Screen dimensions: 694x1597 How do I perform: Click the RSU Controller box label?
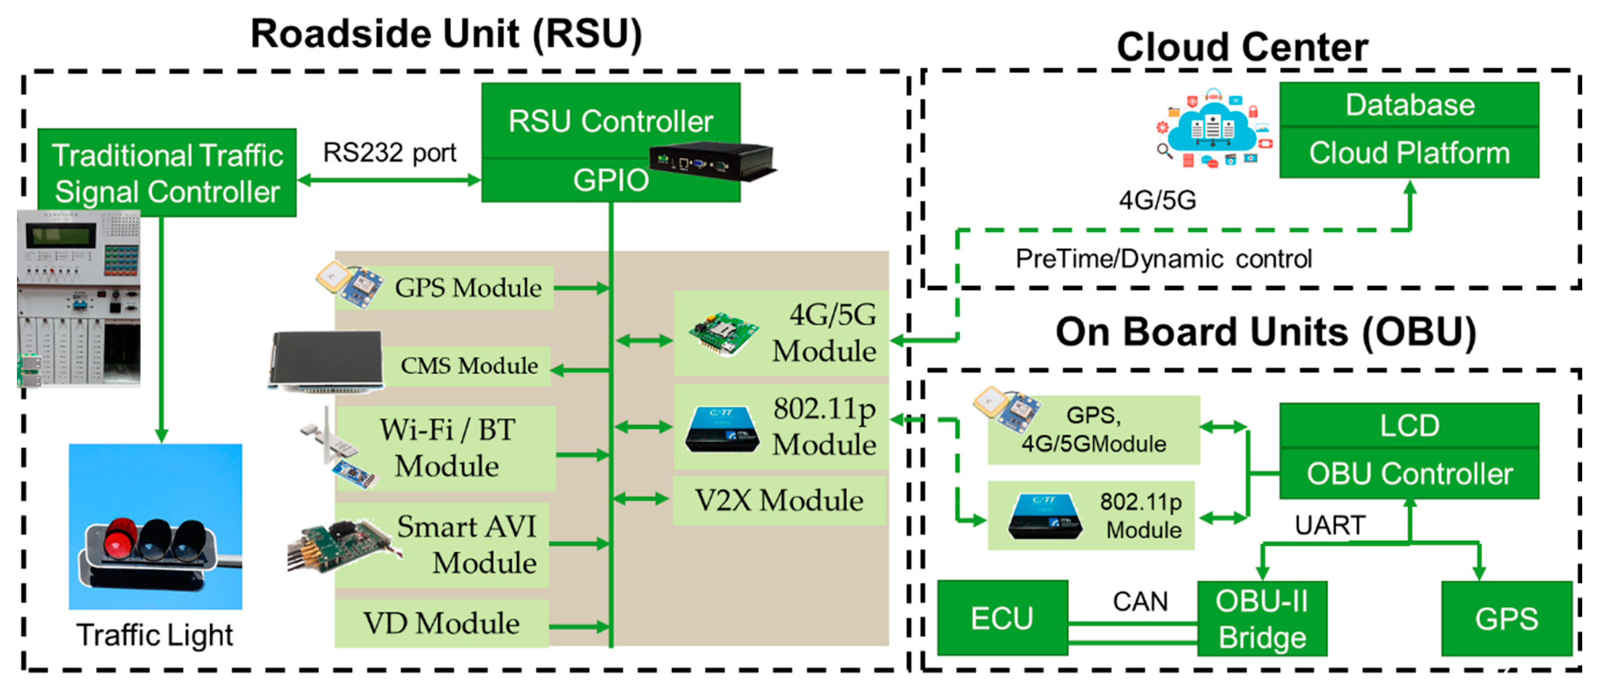pyautogui.click(x=610, y=121)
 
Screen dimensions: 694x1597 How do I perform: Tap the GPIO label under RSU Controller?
pyautogui.click(x=610, y=180)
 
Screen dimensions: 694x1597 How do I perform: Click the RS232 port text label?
pyautogui.click(x=389, y=152)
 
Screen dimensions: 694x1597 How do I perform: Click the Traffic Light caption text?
pyautogui.click(x=155, y=635)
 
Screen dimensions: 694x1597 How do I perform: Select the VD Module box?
pyautogui.click(x=441, y=623)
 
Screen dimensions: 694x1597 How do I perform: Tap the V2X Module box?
pyautogui.click(x=779, y=500)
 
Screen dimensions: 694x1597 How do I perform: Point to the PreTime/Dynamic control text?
pyautogui.click(x=1163, y=258)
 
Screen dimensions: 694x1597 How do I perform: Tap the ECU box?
pyautogui.click(x=1002, y=618)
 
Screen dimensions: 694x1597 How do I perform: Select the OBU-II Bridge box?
pyautogui.click(x=1262, y=619)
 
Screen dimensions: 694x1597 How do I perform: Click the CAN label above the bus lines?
pyautogui.click(x=1140, y=601)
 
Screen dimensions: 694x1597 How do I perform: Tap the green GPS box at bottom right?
pyautogui.click(x=1506, y=619)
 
